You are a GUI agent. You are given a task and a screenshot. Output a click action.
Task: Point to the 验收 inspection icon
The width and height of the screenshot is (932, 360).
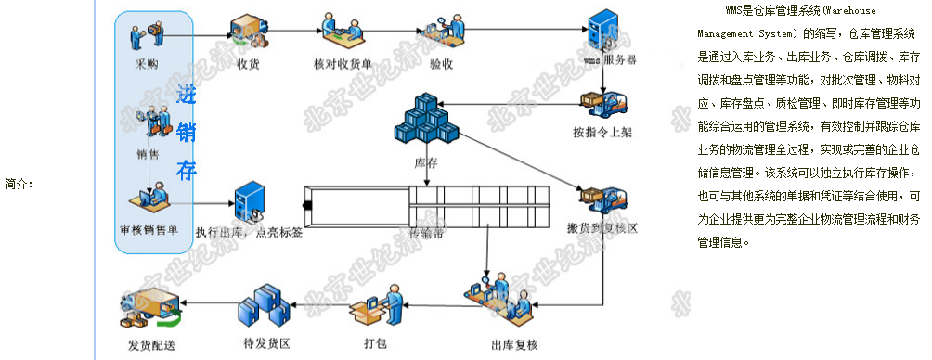tap(441, 32)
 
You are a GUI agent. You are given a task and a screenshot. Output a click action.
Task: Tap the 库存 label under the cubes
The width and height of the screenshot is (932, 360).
tap(426, 163)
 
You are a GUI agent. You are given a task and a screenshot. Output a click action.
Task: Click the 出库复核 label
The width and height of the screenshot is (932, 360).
tap(514, 345)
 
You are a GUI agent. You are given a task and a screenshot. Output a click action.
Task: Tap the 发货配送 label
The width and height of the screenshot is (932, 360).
tap(151, 346)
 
